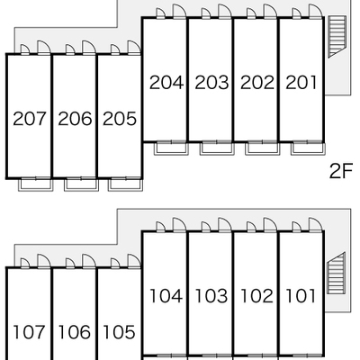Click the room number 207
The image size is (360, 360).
pos(30,119)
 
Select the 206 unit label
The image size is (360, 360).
pos(75,119)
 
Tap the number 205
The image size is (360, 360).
pos(120,119)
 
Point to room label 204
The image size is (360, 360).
pos(166,83)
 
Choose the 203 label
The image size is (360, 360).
pos(211,83)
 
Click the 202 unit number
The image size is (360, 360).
pos(257,83)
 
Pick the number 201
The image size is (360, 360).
pos(301,83)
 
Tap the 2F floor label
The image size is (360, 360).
pos(341,171)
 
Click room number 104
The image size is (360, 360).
pos(166,296)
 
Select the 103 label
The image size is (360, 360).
pos(211,296)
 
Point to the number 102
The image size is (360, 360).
pos(256,296)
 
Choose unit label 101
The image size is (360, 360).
pos(301,296)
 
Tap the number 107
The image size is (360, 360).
pos(30,332)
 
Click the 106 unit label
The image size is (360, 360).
pos(75,332)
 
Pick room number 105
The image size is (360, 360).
pos(119,332)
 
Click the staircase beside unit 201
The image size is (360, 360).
pos(336,36)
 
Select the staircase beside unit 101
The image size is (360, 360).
pos(336,274)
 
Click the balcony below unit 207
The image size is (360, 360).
pos(36,184)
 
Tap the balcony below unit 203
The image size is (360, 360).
pos(217,148)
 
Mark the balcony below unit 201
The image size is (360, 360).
pos(308,148)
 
